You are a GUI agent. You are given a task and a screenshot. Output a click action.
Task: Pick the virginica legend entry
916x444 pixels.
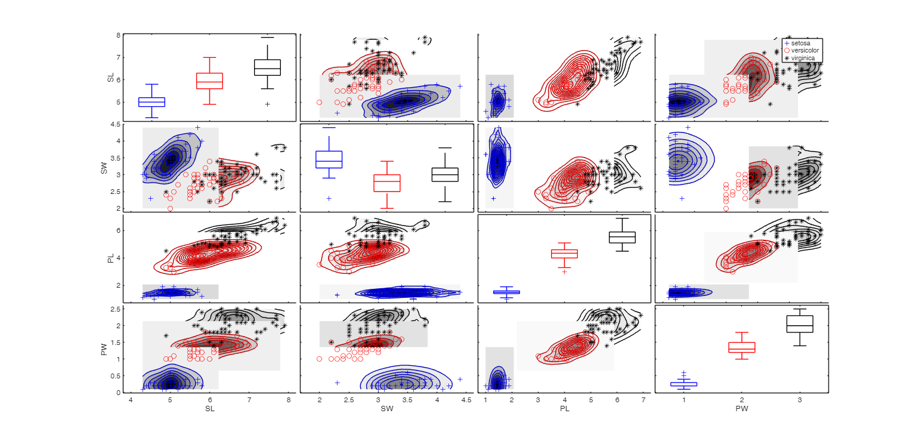[x=803, y=58]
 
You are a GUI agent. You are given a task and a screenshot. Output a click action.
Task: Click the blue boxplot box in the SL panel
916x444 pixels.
[x=151, y=102]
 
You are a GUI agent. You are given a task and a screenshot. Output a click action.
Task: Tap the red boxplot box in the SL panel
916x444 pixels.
[x=209, y=81]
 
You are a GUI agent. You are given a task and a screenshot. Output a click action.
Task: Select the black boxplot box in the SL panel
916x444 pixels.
[x=267, y=67]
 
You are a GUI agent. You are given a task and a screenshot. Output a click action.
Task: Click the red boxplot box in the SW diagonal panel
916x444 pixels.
[x=386, y=183]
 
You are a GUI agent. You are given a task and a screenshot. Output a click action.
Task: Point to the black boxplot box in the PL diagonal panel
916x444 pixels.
[x=622, y=237]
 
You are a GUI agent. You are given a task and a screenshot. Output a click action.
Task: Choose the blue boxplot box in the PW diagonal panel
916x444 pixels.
[x=683, y=384]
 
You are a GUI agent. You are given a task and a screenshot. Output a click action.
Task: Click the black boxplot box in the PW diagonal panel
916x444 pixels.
[x=800, y=324]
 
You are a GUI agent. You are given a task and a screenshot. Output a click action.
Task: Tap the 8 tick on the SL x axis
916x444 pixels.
[x=288, y=400]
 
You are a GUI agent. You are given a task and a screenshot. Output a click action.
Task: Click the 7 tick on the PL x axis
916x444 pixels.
[x=643, y=400]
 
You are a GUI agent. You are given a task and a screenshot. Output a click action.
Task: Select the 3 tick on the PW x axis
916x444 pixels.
[x=800, y=400]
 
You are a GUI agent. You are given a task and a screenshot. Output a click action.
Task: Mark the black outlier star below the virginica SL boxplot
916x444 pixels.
[x=267, y=104]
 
